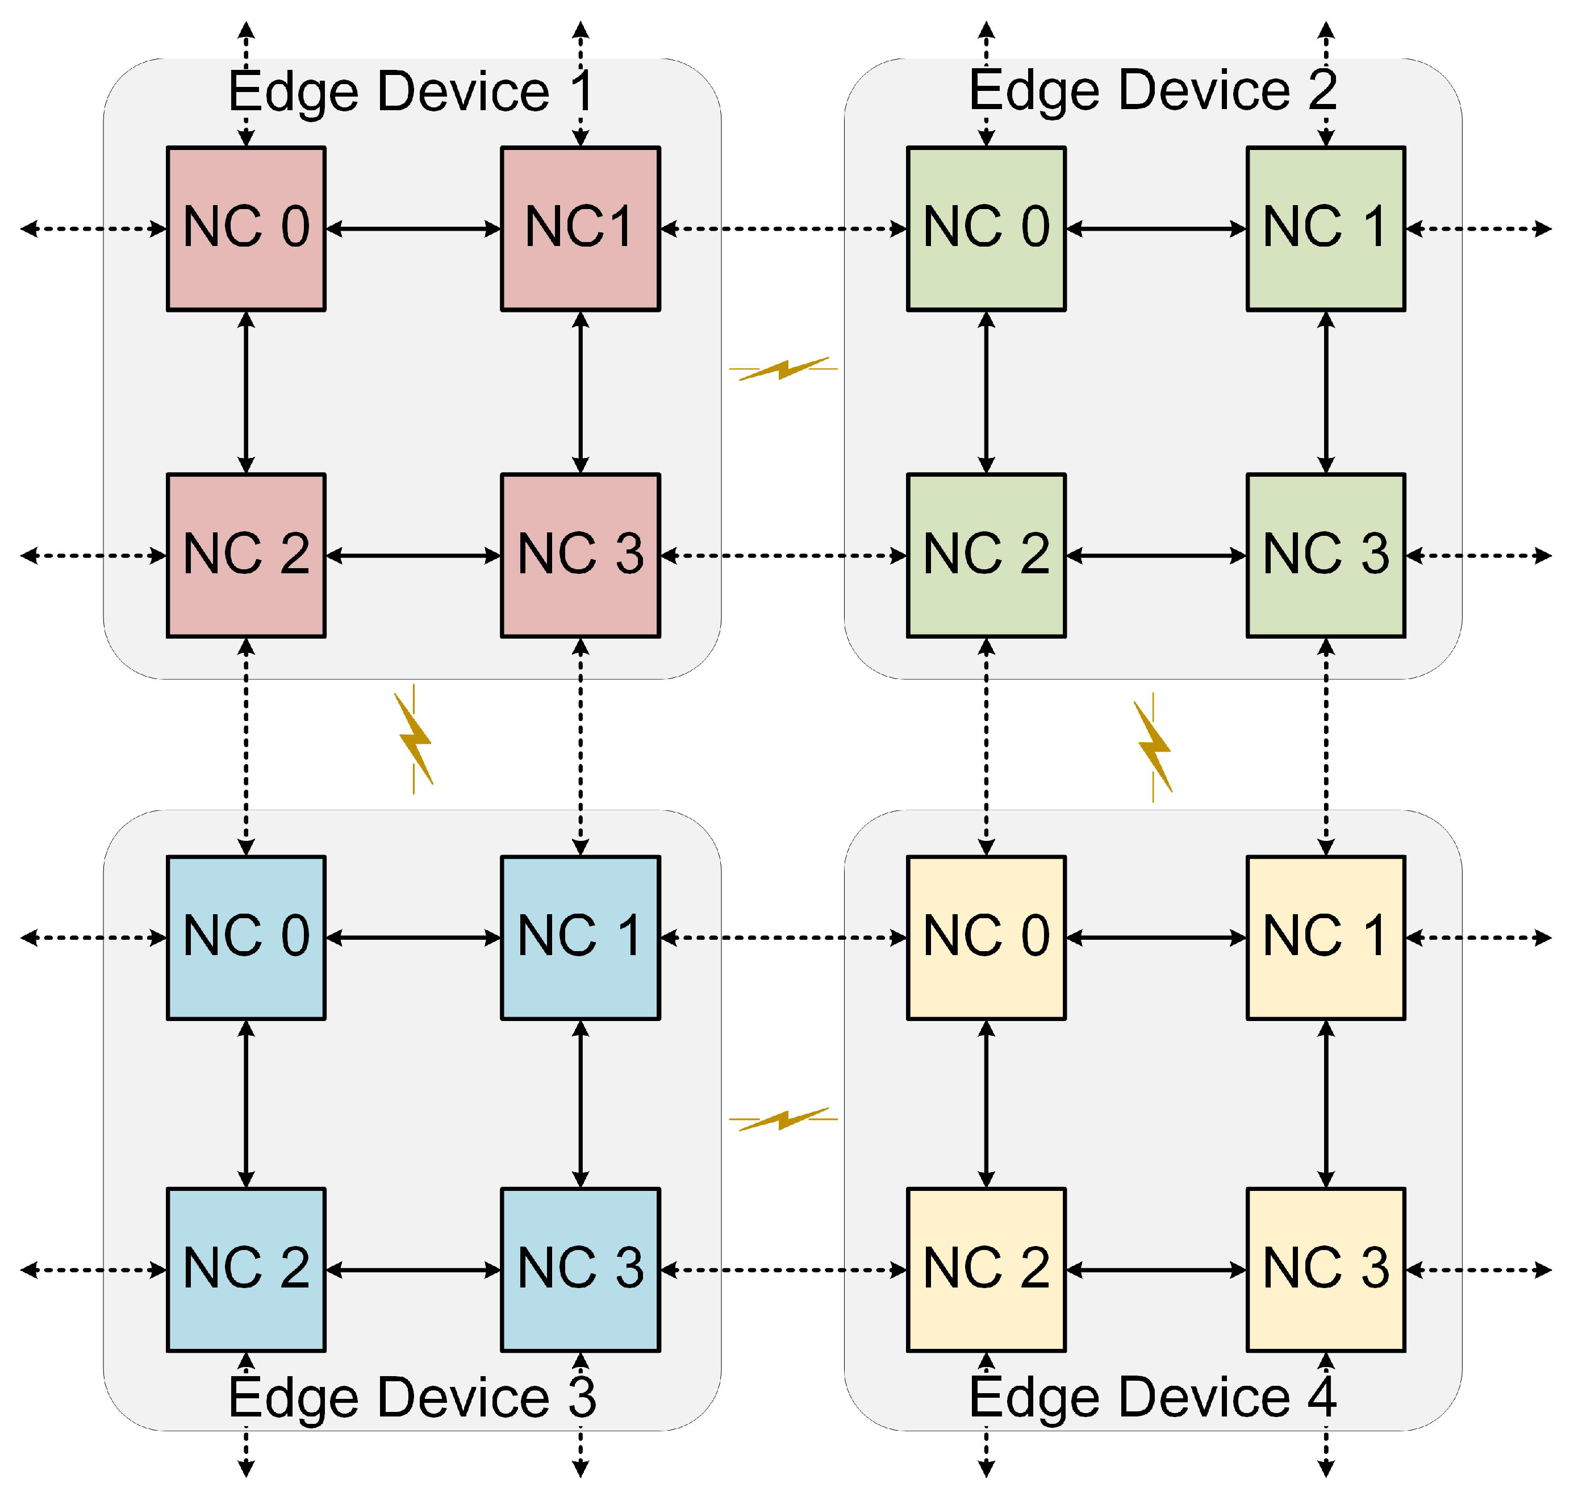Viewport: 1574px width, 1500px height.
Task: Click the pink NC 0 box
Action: point(246,228)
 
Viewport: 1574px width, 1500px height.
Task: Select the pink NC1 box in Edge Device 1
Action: point(581,228)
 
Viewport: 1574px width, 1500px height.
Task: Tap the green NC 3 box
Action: point(1325,555)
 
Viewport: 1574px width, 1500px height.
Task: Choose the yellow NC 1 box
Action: point(1325,937)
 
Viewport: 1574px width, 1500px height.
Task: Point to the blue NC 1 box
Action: point(581,937)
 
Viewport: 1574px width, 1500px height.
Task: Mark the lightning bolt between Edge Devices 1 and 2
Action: point(783,369)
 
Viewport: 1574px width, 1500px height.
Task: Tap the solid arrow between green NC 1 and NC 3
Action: point(1325,392)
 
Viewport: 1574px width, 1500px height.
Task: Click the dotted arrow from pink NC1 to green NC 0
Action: point(783,228)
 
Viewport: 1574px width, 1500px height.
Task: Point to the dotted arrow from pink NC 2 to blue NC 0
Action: point(246,746)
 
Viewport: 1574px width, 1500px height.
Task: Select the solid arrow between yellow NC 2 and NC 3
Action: point(1156,1270)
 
